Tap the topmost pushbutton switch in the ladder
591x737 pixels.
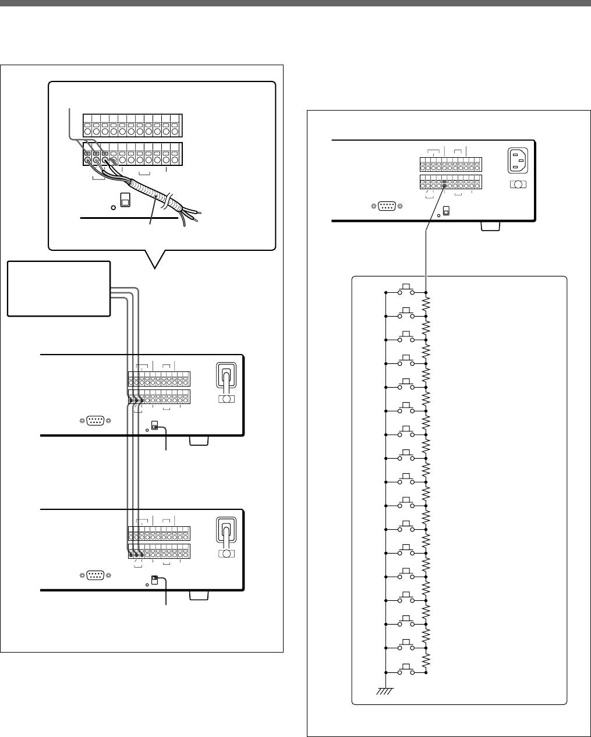pos(406,291)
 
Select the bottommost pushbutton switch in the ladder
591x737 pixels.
pos(406,672)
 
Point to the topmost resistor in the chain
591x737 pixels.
pos(427,303)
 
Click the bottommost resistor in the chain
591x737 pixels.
pos(427,661)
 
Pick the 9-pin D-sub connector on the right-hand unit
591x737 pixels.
pos(387,205)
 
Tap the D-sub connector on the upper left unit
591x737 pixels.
pos(95,420)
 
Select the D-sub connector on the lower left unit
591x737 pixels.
pos(95,575)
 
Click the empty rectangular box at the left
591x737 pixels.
pos(59,288)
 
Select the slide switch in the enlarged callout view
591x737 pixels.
pos(124,200)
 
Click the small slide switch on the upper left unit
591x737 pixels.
pos(154,426)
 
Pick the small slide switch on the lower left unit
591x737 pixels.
pos(154,580)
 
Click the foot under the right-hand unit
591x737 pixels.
pos(490,226)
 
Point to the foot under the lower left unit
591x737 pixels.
pos(198,596)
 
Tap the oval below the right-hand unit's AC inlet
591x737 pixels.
pos(517,185)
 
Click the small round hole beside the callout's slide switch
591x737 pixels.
pos(113,207)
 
